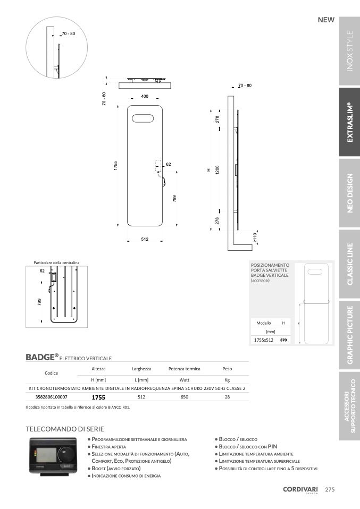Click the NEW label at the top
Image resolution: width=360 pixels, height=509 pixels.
point(325,20)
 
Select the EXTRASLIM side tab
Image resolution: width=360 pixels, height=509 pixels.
point(349,122)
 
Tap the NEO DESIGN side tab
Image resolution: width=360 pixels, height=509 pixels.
point(349,193)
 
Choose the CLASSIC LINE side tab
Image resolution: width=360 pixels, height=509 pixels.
point(349,264)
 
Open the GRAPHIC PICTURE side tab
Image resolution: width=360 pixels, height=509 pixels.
point(349,335)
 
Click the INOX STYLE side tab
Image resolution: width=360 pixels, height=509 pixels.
point(349,52)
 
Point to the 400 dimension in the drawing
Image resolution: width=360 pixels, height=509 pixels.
point(145,96)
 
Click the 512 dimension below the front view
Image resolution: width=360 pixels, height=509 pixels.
point(145,239)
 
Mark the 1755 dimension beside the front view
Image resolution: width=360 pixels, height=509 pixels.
point(115,165)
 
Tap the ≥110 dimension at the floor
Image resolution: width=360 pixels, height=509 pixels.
point(255,237)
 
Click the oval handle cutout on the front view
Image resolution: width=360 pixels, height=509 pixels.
point(145,116)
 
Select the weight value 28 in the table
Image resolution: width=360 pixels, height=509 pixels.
point(227,396)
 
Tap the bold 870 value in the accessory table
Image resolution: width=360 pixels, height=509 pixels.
point(283,340)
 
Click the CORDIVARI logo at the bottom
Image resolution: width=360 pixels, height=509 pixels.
point(300,490)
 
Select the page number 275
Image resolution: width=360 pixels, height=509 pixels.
point(330,489)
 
